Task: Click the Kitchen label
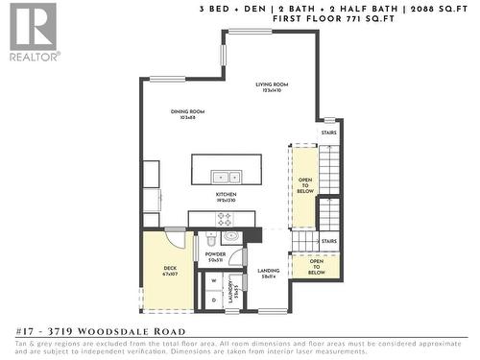pos(226,197)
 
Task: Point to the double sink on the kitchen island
pos(227,177)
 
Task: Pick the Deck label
pos(170,271)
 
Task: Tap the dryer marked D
pos(213,300)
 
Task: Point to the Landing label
pos(269,274)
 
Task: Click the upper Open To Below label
pos(304,185)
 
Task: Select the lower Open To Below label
pos(316,268)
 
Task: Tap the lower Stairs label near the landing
pos(328,241)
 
